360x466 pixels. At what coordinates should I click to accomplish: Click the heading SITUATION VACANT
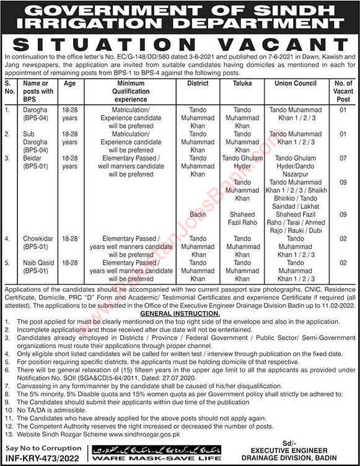point(180,45)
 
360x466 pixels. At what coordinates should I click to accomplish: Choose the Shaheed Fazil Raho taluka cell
point(238,218)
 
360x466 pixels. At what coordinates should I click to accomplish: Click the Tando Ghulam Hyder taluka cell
point(238,162)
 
